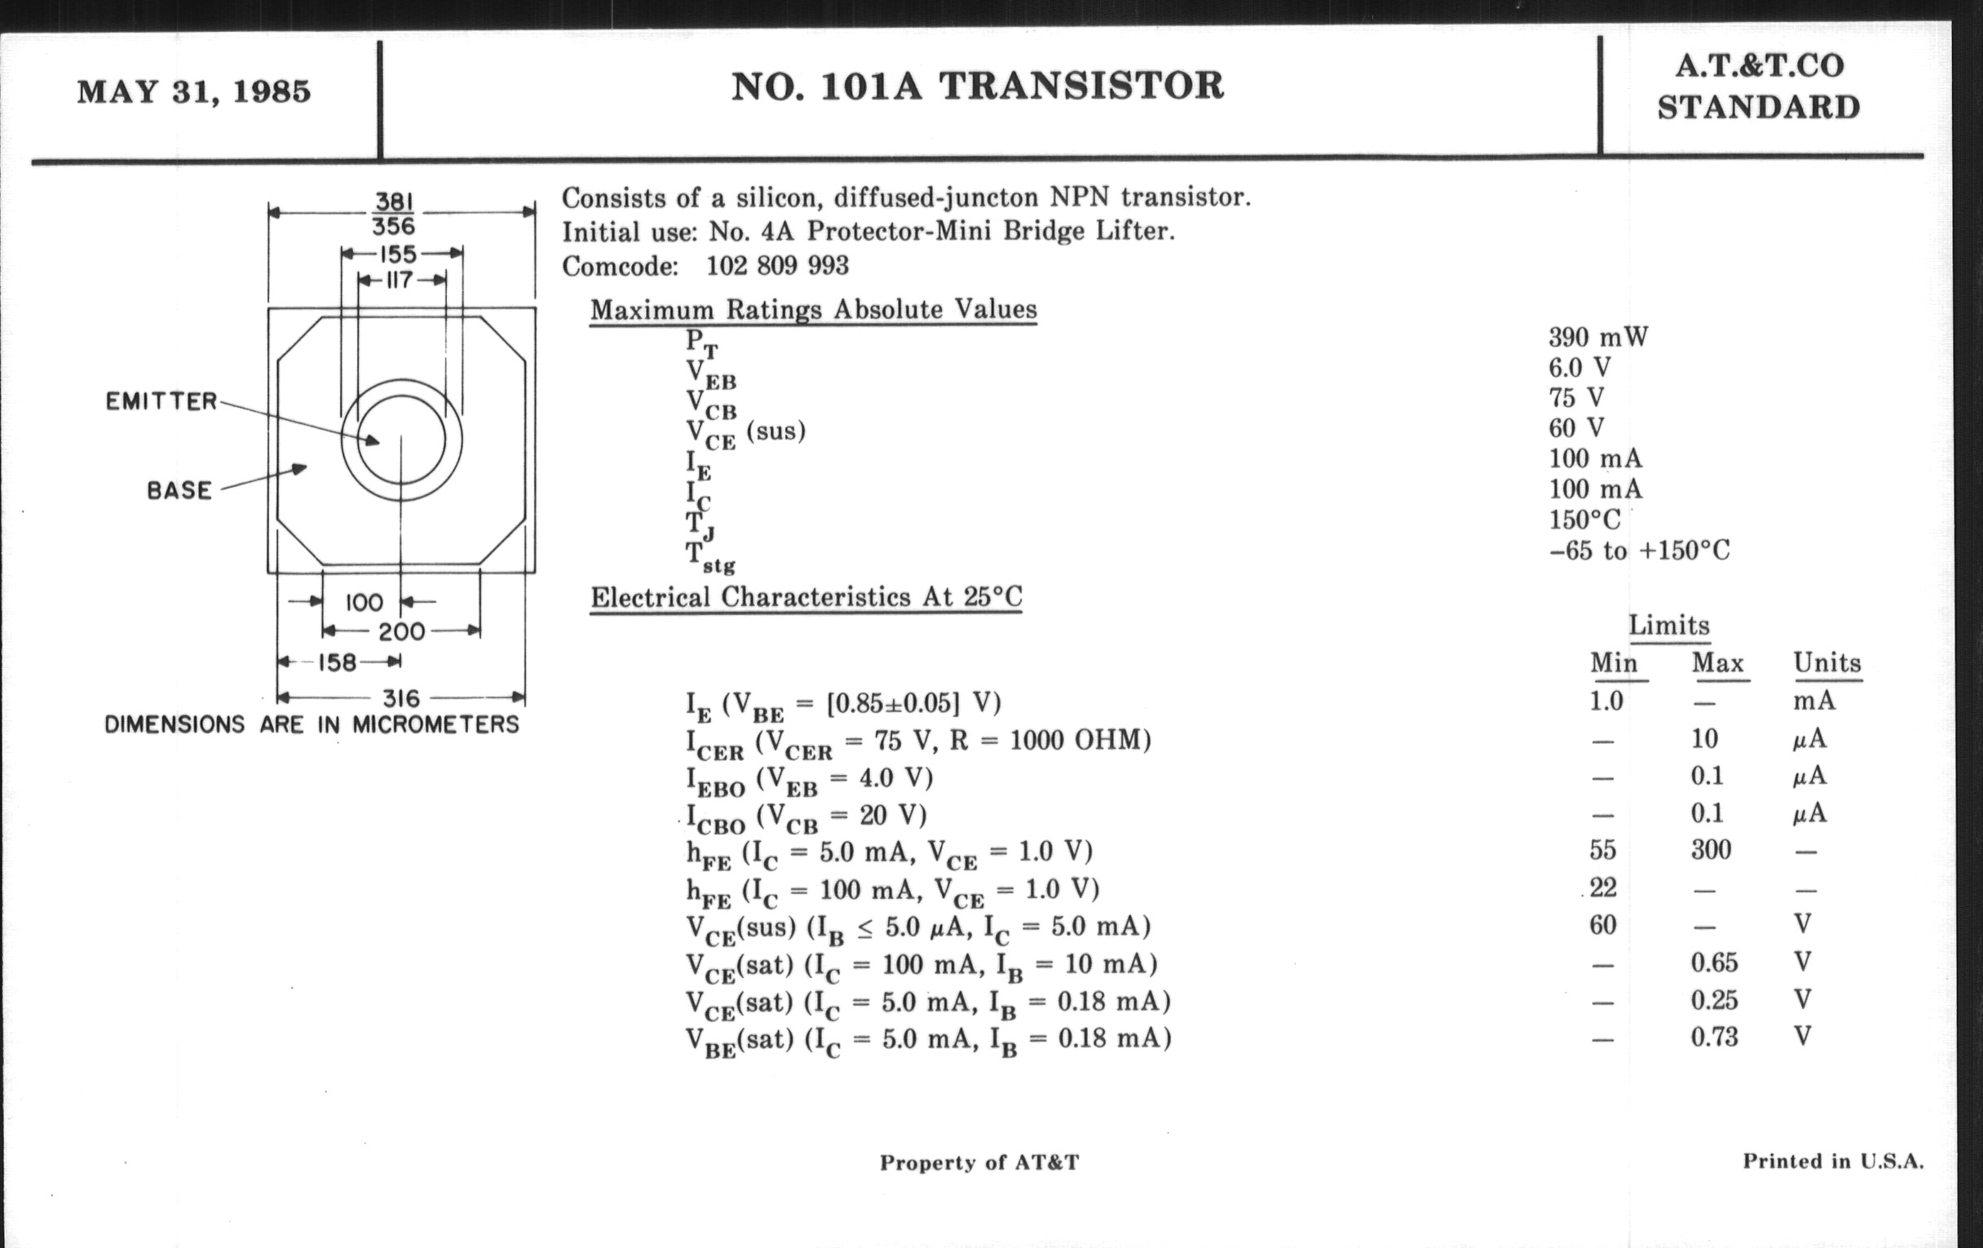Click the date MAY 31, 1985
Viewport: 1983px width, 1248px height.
(193, 91)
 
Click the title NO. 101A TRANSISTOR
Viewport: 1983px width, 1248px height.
(978, 86)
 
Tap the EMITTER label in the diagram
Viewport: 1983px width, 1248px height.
(161, 402)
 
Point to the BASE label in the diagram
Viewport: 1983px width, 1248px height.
(179, 491)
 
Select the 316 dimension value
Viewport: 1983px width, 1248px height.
(401, 698)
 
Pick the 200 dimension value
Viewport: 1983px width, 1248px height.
(401, 632)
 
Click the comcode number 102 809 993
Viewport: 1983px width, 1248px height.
(776, 265)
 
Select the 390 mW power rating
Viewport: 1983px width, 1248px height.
(1597, 338)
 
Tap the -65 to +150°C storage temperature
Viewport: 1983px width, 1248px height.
(1639, 551)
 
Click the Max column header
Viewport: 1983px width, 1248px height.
(1718, 663)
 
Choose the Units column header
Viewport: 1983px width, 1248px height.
(1827, 663)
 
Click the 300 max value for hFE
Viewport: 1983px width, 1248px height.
(1711, 850)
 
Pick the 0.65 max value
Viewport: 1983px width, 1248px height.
(1714, 963)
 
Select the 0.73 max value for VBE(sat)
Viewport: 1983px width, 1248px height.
(1714, 1036)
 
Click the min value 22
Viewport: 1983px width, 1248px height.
(1602, 888)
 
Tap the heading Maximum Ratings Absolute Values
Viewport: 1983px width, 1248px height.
(813, 310)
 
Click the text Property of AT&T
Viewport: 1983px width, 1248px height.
(978, 1162)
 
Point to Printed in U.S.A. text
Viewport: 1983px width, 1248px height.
(1833, 1162)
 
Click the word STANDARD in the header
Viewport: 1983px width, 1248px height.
(1758, 108)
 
